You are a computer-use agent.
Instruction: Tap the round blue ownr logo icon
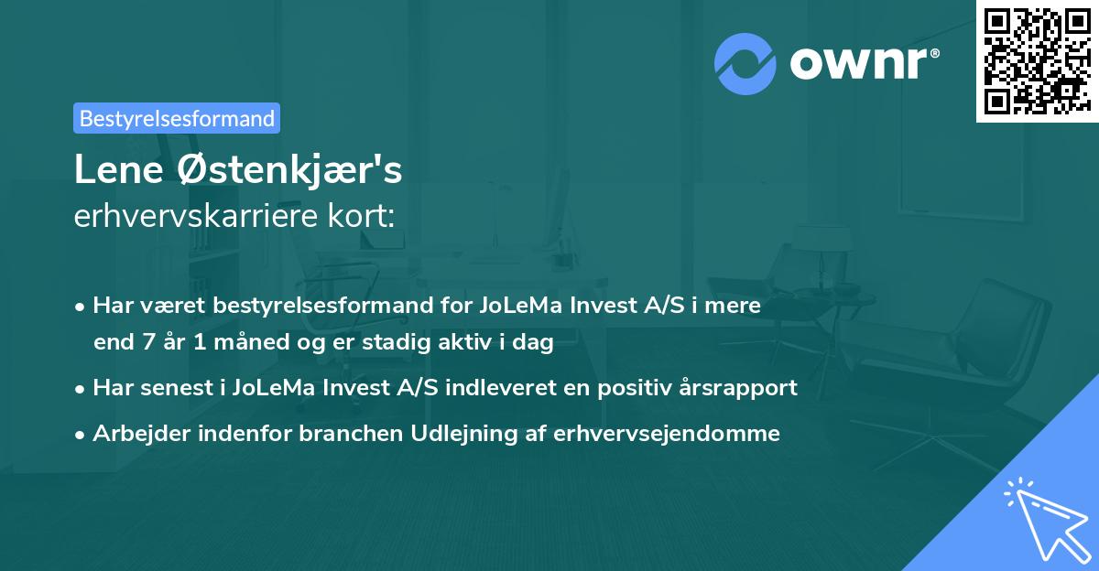click(745, 64)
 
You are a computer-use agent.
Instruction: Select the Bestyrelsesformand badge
click(176, 118)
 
